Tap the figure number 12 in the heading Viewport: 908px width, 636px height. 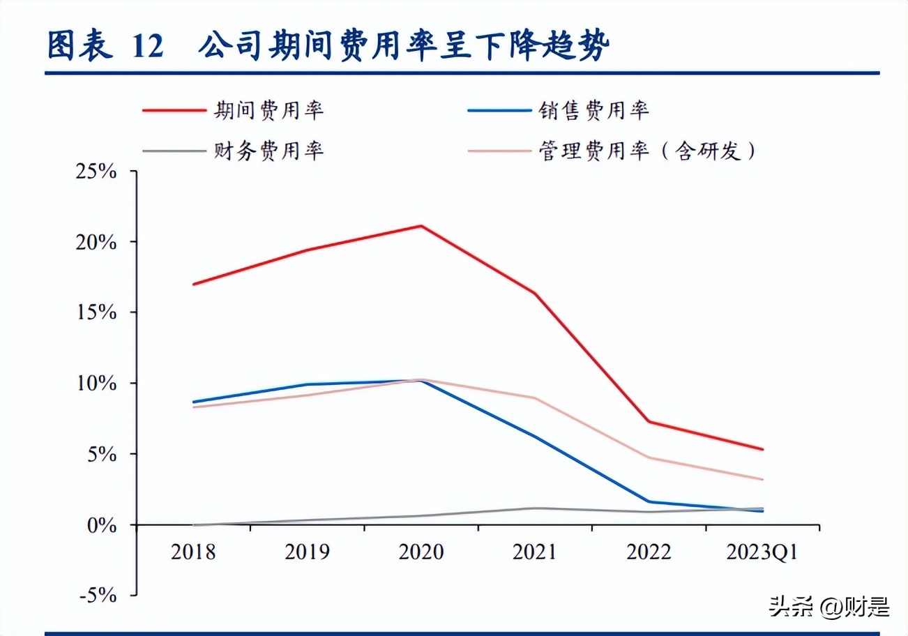147,47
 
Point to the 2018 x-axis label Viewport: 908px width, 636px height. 193,552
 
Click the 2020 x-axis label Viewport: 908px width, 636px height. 421,552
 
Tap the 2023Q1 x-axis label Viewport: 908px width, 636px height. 762,552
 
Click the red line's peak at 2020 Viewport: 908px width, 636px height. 421,226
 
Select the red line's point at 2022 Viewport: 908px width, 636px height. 649,421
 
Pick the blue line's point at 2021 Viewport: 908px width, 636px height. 535,437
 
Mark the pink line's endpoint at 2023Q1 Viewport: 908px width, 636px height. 762,480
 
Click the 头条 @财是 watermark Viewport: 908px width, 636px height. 829,607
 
